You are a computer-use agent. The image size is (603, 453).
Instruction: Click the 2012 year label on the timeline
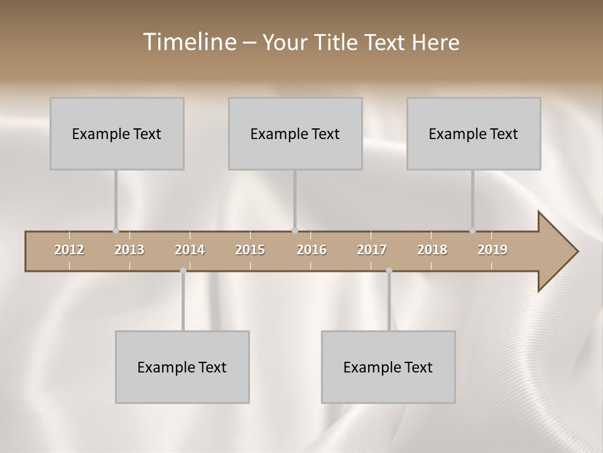(x=69, y=250)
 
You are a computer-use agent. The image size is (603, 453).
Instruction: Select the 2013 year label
(x=129, y=250)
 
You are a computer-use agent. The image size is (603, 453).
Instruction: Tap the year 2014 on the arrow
(x=190, y=250)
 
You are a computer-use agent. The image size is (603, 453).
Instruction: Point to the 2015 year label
(x=250, y=250)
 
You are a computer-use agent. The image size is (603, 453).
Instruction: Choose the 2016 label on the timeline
(x=312, y=250)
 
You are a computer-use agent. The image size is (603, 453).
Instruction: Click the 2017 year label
(x=372, y=250)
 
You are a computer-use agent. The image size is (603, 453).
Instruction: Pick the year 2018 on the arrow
(x=432, y=250)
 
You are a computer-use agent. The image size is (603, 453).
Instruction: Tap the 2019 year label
(x=492, y=250)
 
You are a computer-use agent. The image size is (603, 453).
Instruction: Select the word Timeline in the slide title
(x=188, y=42)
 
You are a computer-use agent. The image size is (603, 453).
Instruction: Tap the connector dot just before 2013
(x=116, y=231)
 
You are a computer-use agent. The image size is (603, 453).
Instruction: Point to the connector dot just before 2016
(x=295, y=231)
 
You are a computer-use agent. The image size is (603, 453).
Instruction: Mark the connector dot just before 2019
(x=472, y=231)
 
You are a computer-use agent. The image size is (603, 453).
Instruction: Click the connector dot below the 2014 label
(x=183, y=271)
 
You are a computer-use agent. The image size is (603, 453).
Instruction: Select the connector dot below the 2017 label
(x=389, y=271)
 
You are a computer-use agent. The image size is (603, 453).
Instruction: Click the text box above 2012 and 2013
(x=117, y=133)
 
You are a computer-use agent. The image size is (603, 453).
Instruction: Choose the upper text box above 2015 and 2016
(x=295, y=133)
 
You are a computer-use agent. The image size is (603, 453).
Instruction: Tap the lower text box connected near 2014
(x=182, y=367)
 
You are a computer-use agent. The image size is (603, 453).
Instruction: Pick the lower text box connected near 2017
(x=388, y=367)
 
